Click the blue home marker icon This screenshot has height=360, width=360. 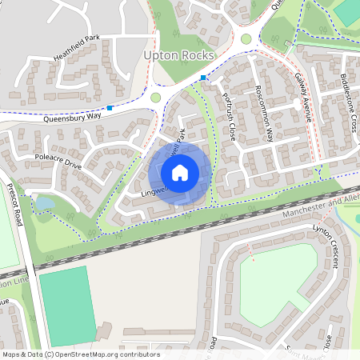[x=180, y=173]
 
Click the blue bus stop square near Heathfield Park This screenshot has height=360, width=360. [x=110, y=107]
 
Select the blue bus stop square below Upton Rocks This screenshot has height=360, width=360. [x=204, y=78]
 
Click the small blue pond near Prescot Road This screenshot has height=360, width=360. [x=44, y=203]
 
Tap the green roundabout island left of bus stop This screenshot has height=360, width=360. [x=155, y=98]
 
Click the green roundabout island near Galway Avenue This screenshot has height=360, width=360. [x=246, y=38]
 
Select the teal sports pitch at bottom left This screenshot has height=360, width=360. [x=68, y=296]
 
